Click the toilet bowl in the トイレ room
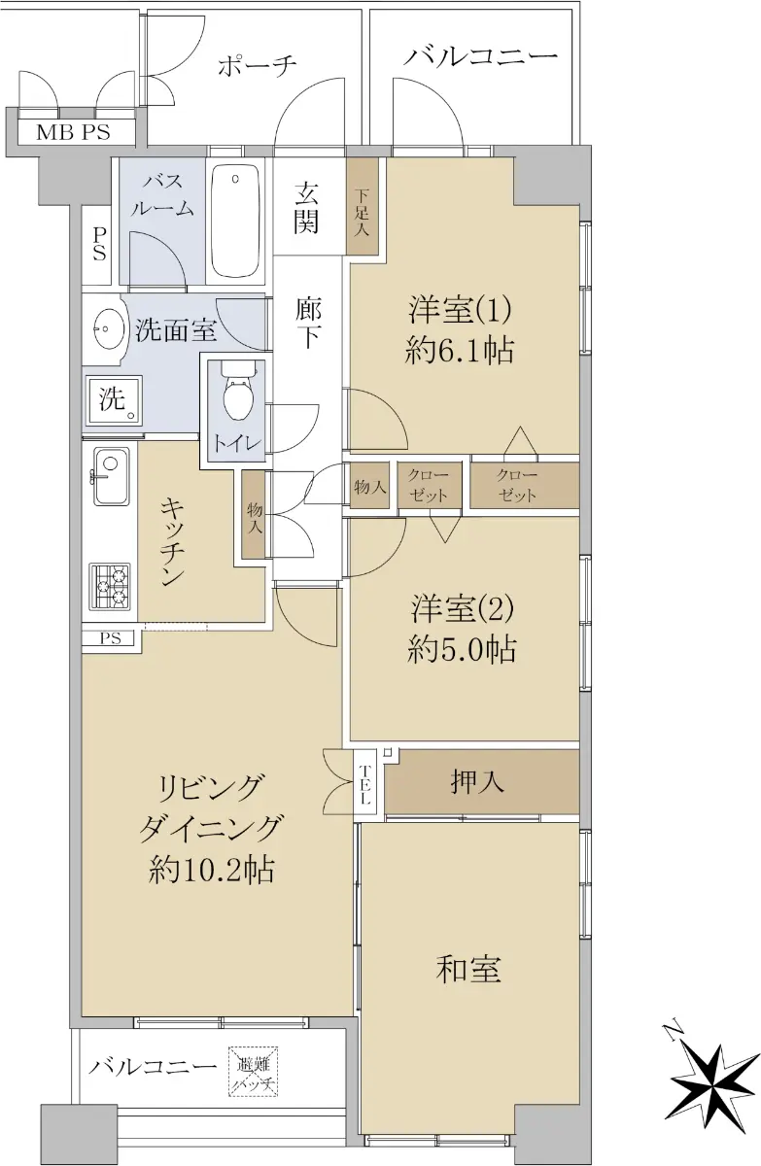238,393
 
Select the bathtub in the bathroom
235,221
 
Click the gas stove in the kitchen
110,586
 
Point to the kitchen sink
111,476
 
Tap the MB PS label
73,132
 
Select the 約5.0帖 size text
462,650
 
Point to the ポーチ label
258,67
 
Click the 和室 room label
468,970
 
